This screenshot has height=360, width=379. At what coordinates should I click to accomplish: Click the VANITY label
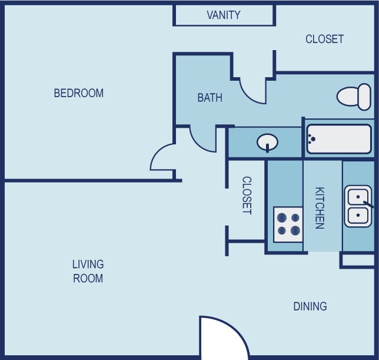(224, 15)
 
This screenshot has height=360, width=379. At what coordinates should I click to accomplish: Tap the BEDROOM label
(78, 93)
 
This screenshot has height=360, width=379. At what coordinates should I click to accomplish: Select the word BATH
(210, 98)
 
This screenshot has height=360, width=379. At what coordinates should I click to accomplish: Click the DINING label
(310, 306)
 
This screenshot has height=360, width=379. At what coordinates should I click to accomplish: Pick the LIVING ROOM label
(88, 271)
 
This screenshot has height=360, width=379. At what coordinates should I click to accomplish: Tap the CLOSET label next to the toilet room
(324, 39)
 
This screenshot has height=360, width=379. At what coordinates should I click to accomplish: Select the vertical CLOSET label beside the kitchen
(247, 196)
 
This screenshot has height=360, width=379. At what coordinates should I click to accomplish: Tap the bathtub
(338, 139)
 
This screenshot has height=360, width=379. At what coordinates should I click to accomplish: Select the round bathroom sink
(268, 142)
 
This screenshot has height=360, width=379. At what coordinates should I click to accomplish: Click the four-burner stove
(288, 224)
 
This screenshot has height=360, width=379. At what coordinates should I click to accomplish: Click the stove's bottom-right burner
(295, 231)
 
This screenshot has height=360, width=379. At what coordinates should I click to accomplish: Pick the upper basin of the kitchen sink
(357, 196)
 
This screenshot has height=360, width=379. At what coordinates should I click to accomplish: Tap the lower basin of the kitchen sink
(357, 216)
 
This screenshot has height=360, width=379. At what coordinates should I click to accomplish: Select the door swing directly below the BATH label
(202, 138)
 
